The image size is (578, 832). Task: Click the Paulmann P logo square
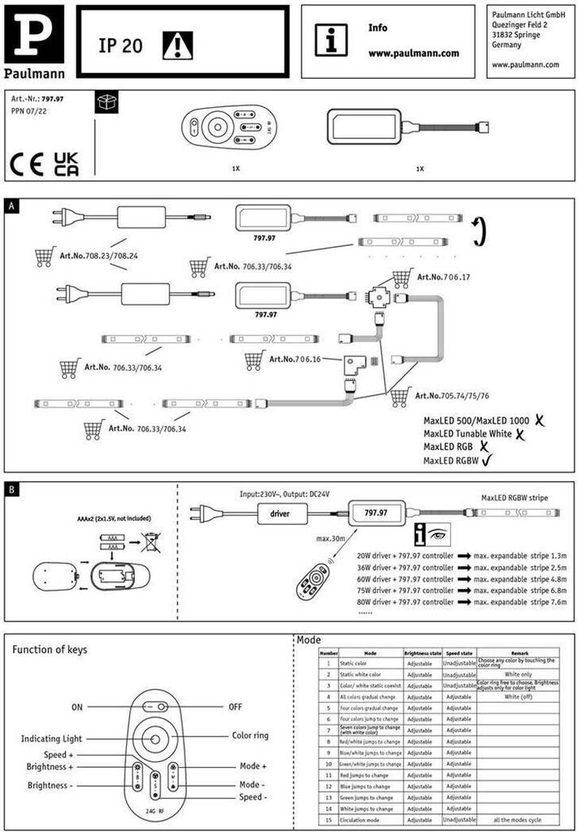[x=33, y=34]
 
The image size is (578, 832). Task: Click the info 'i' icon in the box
[x=331, y=40]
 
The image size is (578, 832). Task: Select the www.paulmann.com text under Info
[x=413, y=54]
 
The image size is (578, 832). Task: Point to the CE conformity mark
[x=28, y=164]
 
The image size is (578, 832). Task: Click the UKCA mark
[x=66, y=164]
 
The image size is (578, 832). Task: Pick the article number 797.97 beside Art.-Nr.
[x=53, y=98]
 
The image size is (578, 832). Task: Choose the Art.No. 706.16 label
[x=296, y=358]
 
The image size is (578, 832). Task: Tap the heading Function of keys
[x=50, y=649]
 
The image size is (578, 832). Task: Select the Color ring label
[x=250, y=735]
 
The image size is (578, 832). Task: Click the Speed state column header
[x=459, y=652]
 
